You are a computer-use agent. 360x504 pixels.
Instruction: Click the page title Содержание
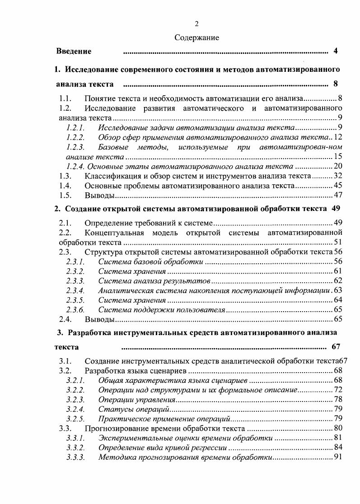coord(196,38)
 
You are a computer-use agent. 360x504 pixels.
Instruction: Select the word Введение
coord(74,51)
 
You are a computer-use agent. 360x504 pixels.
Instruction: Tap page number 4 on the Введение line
coord(336,51)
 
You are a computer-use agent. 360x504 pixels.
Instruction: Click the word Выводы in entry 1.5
coord(98,196)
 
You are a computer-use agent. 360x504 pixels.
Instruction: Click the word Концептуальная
coord(115,233)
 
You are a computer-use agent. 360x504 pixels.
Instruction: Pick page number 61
coord(338,271)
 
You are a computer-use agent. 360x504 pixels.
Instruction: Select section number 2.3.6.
coord(75,310)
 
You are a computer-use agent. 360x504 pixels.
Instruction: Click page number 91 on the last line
coord(338,457)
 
